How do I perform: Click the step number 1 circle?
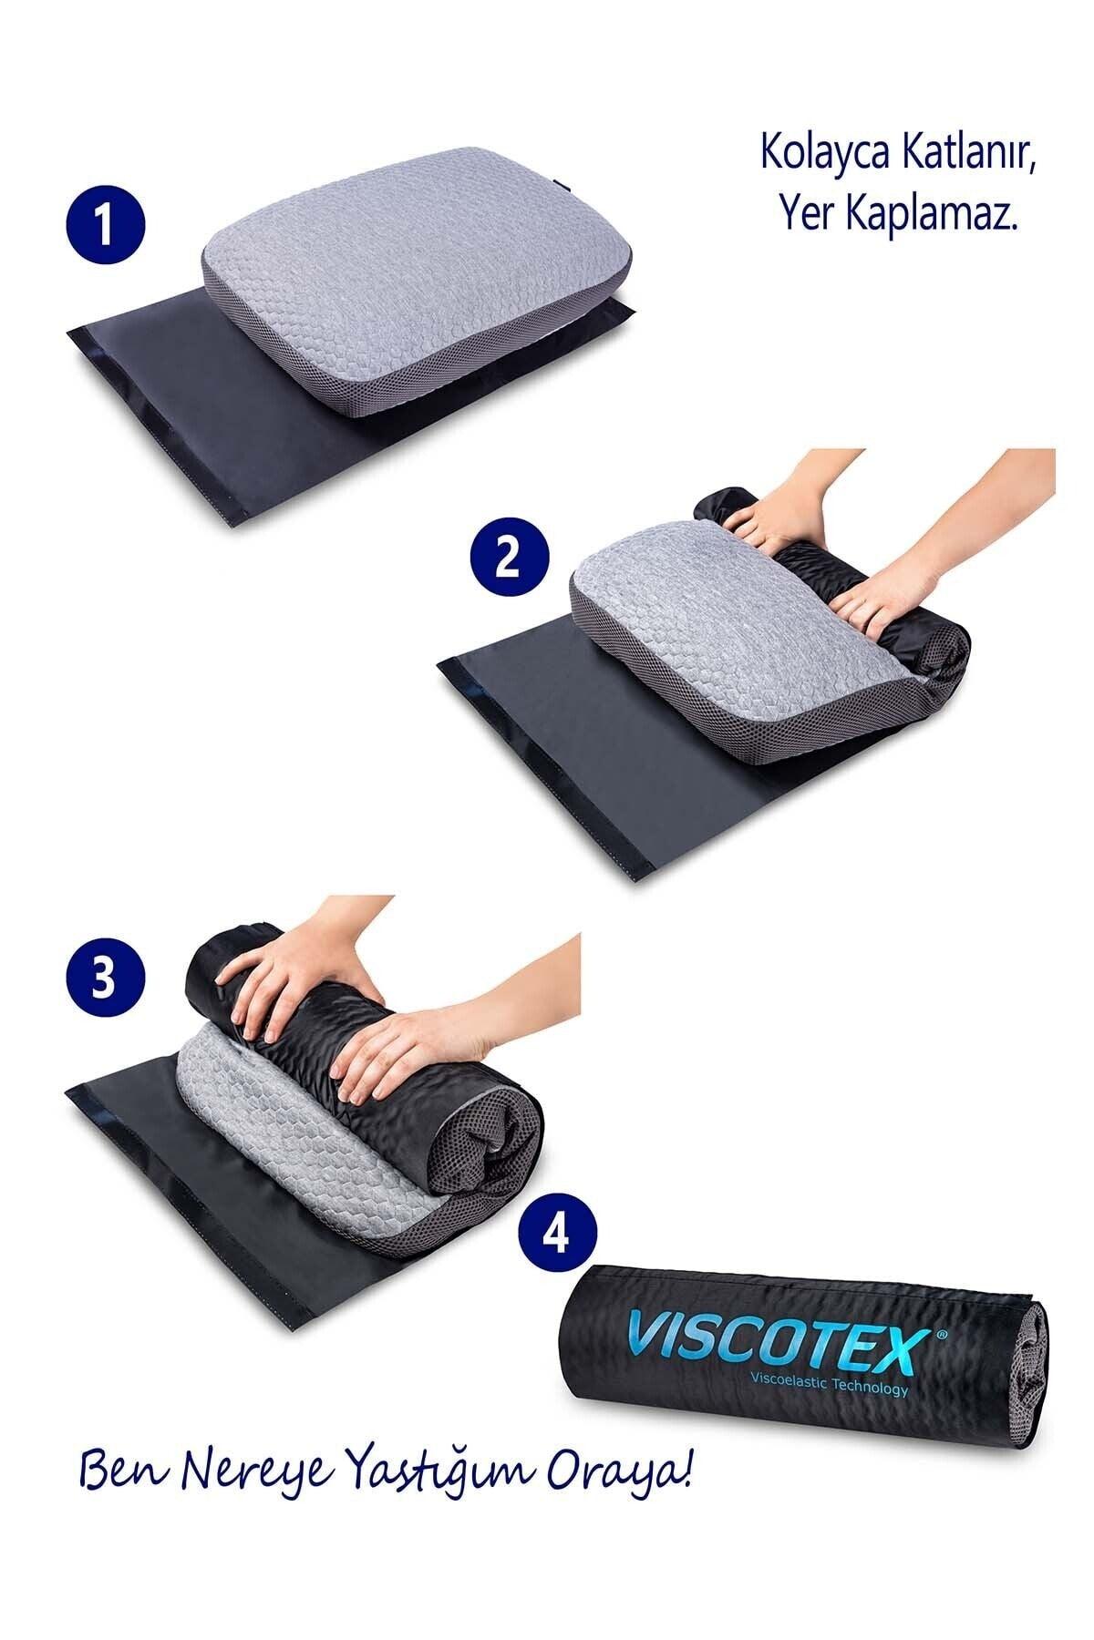106,225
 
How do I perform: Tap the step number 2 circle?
508,558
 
